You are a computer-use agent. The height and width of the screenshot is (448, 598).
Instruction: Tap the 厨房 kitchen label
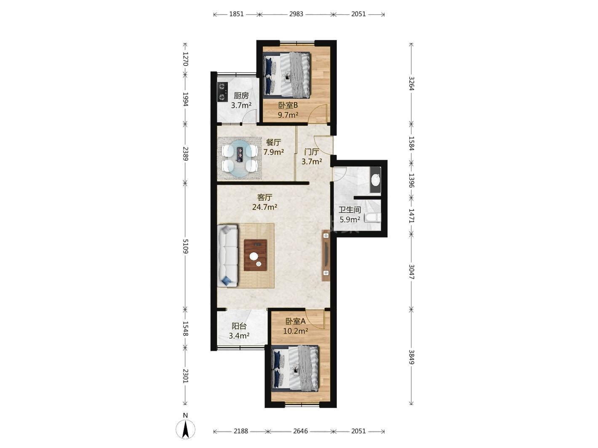tap(241, 96)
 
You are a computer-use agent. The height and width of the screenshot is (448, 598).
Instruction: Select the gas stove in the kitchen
tap(222, 92)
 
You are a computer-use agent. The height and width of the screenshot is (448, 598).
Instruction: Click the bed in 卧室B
tap(287, 75)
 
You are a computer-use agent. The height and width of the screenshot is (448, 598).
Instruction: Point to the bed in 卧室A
tap(295, 368)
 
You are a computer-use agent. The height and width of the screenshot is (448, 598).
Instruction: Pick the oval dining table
tap(240, 159)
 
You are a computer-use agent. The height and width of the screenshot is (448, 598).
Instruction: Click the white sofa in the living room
tap(227, 256)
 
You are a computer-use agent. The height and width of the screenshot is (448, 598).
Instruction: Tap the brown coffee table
tap(255, 255)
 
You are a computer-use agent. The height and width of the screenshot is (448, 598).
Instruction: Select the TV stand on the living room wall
tap(326, 256)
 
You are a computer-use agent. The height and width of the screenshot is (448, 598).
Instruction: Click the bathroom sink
tap(375, 180)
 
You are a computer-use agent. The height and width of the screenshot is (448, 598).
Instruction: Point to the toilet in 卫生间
tap(372, 218)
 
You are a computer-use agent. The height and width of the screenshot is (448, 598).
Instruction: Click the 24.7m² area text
tap(264, 207)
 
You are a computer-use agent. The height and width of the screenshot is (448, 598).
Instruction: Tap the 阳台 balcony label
tap(239, 326)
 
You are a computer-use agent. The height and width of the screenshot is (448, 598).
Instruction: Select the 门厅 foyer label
tap(312, 152)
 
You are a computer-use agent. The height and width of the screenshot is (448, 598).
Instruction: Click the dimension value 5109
tap(185, 247)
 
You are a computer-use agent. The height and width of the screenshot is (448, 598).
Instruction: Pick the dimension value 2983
tap(296, 14)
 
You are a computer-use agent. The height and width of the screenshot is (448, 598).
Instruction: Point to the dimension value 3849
tap(411, 357)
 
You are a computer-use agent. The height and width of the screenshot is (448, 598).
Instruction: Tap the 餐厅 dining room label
tap(273, 142)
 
